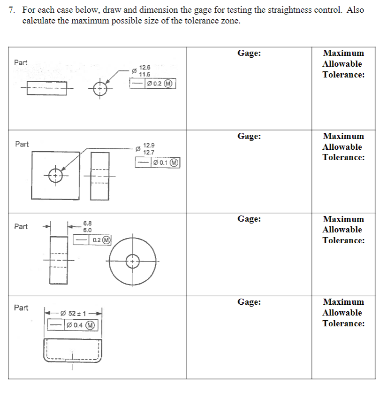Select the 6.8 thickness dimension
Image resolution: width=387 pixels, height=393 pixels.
[x=88, y=223]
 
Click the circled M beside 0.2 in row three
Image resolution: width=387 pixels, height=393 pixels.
[x=106, y=240]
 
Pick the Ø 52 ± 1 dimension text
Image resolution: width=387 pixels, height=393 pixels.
[x=76, y=313]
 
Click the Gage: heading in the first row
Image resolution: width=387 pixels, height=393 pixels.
[x=249, y=53]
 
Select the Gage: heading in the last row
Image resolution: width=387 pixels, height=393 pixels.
[x=249, y=302]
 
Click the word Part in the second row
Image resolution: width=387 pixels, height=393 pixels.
[x=22, y=144]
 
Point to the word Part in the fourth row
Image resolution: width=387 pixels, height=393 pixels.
[x=21, y=308]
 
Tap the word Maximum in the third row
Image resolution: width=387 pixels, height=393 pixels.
[x=343, y=219]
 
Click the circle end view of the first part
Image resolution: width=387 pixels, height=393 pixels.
[x=100, y=88]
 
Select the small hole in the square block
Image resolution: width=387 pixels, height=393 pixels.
[x=56, y=175]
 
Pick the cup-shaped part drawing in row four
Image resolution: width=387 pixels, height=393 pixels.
[x=72, y=350]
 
